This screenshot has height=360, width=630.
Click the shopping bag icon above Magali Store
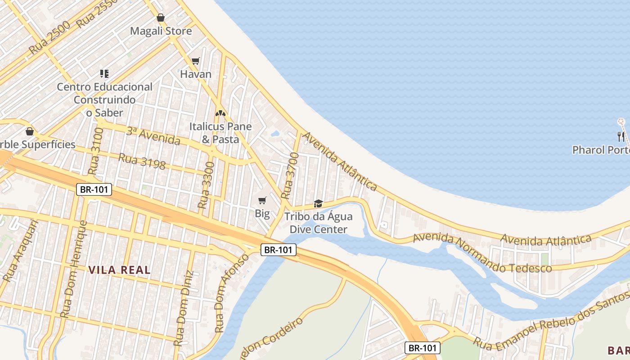pos(161,18)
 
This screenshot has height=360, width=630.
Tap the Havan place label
pos(196,74)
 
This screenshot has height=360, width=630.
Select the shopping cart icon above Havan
pos(196,61)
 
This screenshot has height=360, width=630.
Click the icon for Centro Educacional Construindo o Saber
pos(104,73)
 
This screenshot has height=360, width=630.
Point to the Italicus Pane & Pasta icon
pos(220,113)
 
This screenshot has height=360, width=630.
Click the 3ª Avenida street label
pos(153,136)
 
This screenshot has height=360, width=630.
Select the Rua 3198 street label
pos(142,161)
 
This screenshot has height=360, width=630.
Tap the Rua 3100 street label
pos(96,151)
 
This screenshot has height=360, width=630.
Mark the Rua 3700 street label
pos(290,175)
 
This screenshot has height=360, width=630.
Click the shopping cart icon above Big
pos(262,200)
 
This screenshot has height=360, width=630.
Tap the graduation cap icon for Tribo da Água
pos(318,204)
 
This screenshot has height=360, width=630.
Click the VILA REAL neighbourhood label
pos(119,270)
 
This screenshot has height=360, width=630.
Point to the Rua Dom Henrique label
pos(73,269)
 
